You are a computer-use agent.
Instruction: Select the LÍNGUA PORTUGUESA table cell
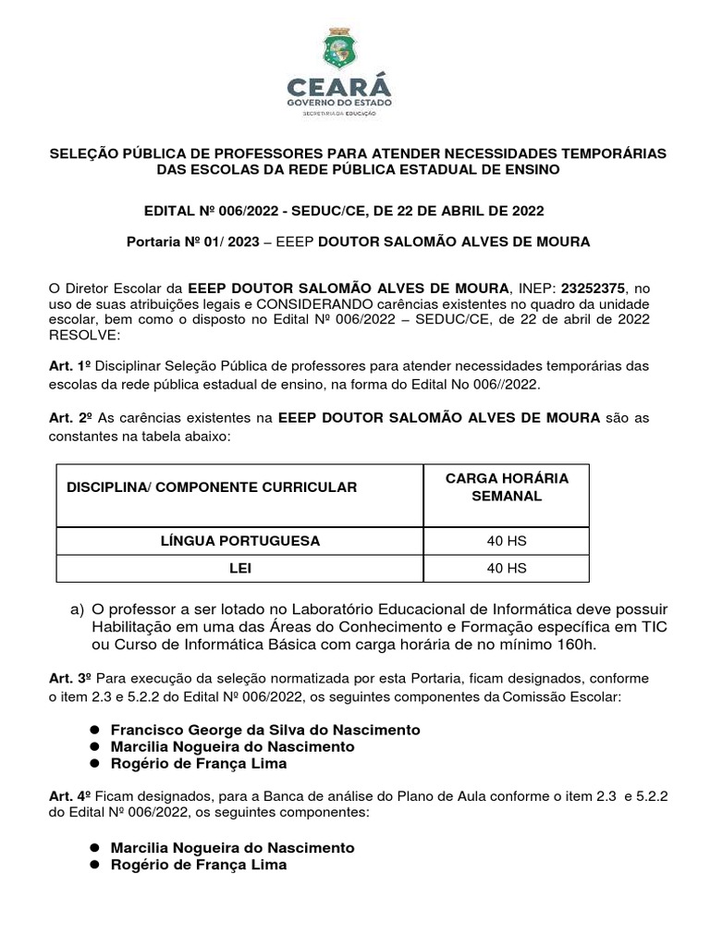(x=240, y=540)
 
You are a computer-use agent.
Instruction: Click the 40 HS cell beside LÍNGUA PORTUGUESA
(x=507, y=540)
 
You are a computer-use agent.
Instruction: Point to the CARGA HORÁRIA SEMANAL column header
(x=507, y=486)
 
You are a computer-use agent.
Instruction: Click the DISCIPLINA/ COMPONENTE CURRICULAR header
(x=212, y=486)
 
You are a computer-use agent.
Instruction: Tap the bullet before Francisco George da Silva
(x=94, y=731)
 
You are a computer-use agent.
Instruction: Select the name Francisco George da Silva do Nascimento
(x=265, y=731)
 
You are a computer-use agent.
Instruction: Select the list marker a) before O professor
(x=78, y=610)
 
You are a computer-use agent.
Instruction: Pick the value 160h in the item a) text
(x=577, y=644)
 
